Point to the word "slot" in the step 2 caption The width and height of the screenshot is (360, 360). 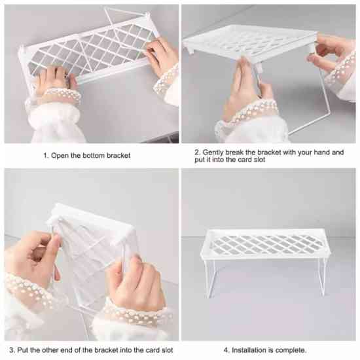tap(259, 160)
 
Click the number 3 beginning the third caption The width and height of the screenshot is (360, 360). tap(12, 350)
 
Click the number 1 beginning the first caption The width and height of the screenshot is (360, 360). tap(46, 156)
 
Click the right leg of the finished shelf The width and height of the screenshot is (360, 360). tap(322, 276)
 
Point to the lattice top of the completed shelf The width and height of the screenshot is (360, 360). tap(266, 244)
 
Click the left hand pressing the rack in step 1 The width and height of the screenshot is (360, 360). tap(54, 79)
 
